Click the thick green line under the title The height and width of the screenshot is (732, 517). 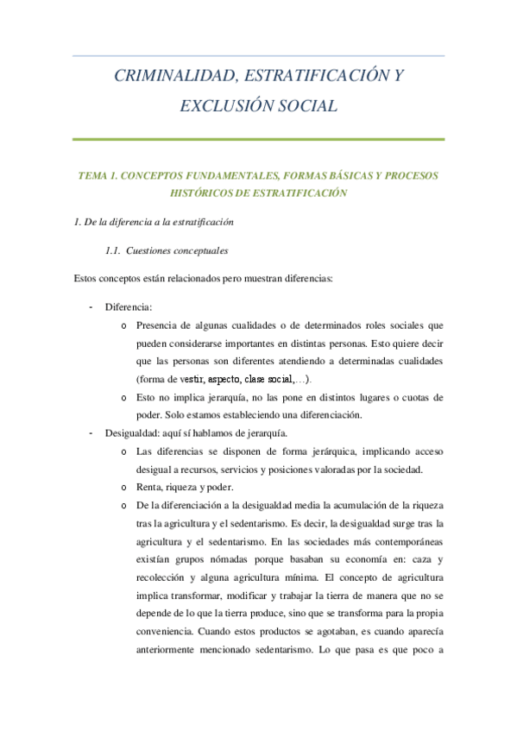point(258,139)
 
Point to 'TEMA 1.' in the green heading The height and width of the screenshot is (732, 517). point(97,175)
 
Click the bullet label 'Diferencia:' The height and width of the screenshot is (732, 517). point(128,306)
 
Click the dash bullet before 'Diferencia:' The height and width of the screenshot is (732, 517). point(91,306)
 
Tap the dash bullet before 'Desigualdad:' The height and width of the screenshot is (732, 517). point(91,433)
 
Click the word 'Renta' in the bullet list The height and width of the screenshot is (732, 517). point(149,488)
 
